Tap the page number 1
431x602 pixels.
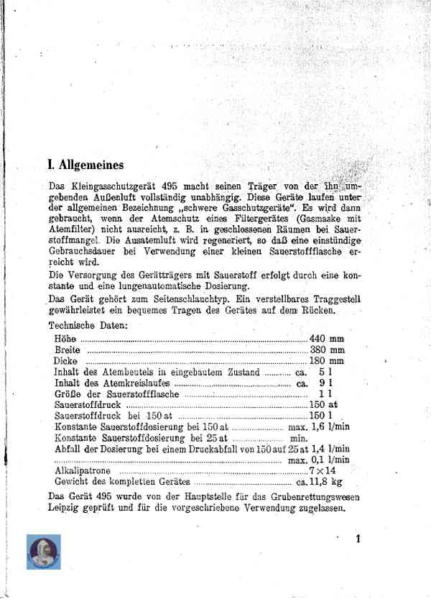[x=357, y=539]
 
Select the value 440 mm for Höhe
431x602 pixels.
[x=327, y=338]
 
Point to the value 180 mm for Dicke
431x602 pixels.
[x=327, y=360]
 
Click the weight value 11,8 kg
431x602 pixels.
[x=328, y=481]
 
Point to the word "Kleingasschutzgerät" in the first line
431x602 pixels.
[x=113, y=183]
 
